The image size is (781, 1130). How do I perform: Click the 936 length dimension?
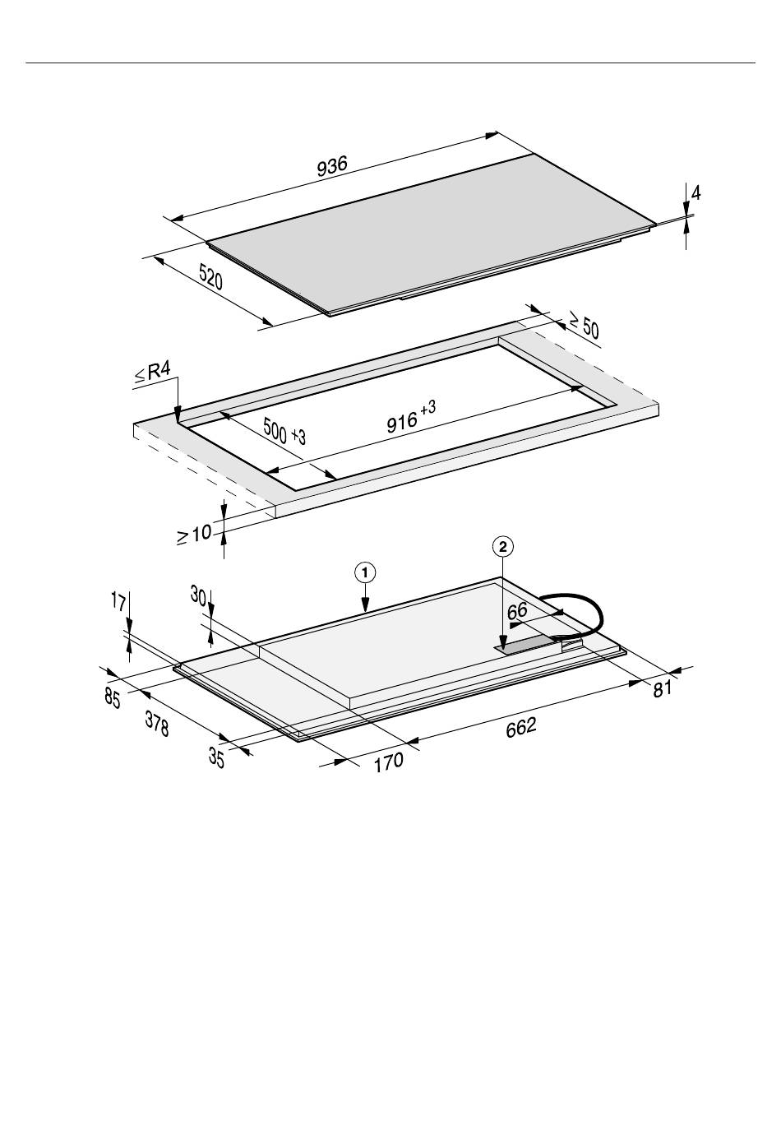(332, 167)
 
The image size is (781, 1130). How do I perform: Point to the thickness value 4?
(696, 193)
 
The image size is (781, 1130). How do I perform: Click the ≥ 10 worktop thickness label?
(194, 535)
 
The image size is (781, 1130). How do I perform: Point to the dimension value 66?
(517, 612)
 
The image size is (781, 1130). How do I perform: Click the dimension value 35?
(216, 758)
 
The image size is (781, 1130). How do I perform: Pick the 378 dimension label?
(157, 724)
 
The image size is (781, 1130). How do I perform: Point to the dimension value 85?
(113, 698)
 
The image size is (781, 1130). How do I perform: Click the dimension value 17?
(118, 601)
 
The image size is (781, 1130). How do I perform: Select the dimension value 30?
(198, 595)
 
